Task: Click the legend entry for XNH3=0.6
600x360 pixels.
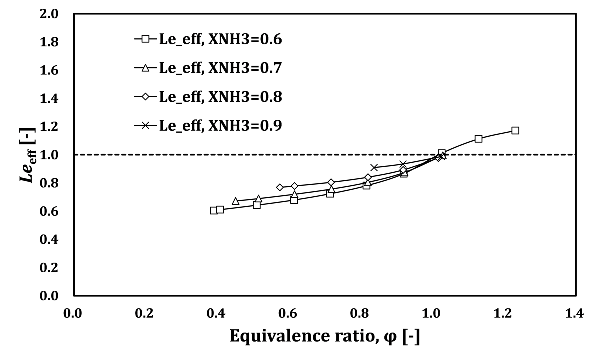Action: (x=208, y=39)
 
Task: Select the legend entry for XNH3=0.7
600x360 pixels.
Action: (x=208, y=68)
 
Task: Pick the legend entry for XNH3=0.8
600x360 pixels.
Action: (x=208, y=96)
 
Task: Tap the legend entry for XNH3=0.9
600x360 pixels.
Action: (x=208, y=125)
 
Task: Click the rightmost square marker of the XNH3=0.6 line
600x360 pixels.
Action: (x=515, y=130)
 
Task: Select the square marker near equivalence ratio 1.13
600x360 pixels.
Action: (x=478, y=139)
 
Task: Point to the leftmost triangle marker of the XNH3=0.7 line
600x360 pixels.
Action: (x=235, y=201)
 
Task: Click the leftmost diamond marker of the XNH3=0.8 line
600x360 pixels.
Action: (x=280, y=187)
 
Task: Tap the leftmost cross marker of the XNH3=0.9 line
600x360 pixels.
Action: (x=374, y=167)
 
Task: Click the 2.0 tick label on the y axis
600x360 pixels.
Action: (x=49, y=14)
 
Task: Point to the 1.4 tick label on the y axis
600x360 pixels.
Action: (x=49, y=99)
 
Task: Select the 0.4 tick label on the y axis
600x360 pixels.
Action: (x=49, y=239)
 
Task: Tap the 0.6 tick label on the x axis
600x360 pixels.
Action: (x=288, y=313)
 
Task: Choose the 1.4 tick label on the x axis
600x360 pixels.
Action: (x=574, y=313)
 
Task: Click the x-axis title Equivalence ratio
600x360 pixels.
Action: (x=325, y=336)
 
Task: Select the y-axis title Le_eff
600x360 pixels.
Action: (x=28, y=155)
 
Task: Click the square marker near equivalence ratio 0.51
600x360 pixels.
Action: (x=257, y=205)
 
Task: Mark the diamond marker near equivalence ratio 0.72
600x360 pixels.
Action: (x=331, y=182)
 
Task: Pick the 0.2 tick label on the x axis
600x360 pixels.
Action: (x=144, y=313)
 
